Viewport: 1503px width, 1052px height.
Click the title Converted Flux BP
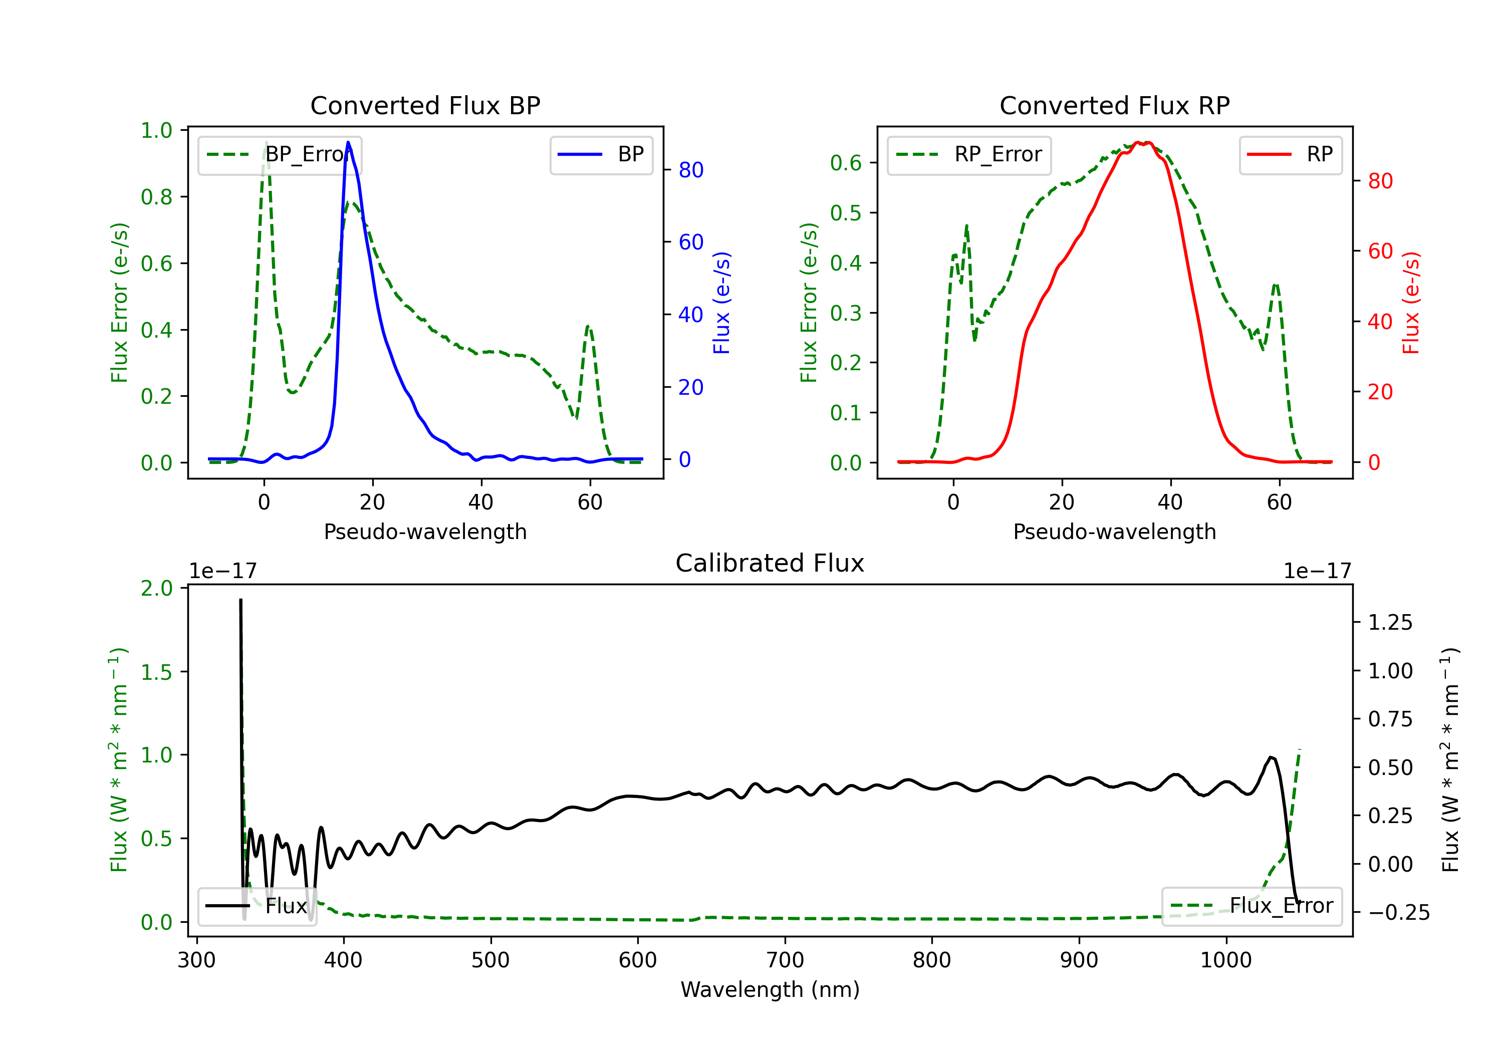425,105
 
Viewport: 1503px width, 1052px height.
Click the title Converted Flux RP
1114,105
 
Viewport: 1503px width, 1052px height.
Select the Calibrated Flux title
770,563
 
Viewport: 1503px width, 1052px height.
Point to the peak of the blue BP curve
348,142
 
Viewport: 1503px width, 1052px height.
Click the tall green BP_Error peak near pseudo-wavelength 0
266,143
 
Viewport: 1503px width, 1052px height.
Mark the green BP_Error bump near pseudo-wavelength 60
589,326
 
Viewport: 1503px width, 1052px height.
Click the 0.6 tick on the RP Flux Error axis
846,162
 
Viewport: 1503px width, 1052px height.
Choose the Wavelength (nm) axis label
770,989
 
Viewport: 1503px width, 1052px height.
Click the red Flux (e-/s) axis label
1411,303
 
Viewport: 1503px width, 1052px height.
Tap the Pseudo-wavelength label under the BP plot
425,532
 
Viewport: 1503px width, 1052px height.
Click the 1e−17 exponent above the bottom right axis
1317,571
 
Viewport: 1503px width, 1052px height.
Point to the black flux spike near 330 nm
240,600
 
